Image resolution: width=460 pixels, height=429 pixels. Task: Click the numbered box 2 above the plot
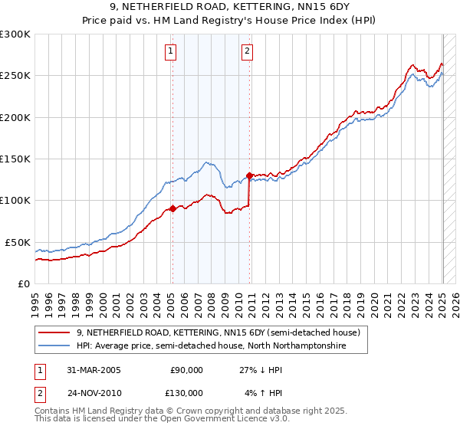point(248,52)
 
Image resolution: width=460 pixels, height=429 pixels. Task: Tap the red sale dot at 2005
point(172,208)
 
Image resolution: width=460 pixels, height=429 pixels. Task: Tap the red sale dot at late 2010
point(249,175)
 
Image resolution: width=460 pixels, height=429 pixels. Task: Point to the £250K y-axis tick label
point(15,76)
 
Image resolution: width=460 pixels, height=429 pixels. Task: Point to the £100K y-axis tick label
point(15,200)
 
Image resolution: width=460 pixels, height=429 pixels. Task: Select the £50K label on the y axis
point(18,242)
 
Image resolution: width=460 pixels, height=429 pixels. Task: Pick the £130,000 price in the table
point(186,392)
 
